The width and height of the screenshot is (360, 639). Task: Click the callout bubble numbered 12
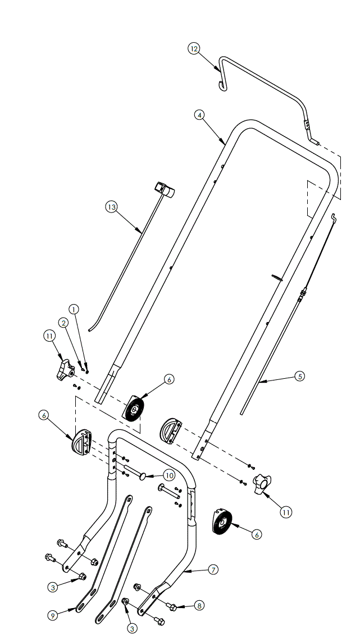(194, 49)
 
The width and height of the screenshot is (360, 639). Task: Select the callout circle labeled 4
(199, 115)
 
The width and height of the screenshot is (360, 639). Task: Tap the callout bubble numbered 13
(111, 207)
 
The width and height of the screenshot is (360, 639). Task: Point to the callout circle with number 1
(75, 309)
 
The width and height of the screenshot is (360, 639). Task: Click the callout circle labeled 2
(63, 323)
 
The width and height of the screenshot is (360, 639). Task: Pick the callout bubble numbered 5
(299, 376)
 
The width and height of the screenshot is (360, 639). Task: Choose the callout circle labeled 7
(213, 569)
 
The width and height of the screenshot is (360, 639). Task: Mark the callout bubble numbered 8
(199, 605)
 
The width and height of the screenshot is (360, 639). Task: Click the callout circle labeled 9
(52, 615)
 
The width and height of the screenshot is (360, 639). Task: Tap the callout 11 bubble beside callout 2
(49, 336)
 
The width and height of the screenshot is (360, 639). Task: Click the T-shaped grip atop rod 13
(165, 189)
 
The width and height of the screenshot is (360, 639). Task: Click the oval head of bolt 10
(142, 476)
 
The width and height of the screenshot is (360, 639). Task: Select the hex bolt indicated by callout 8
(174, 607)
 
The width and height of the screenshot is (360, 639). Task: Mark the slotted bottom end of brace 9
(83, 605)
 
